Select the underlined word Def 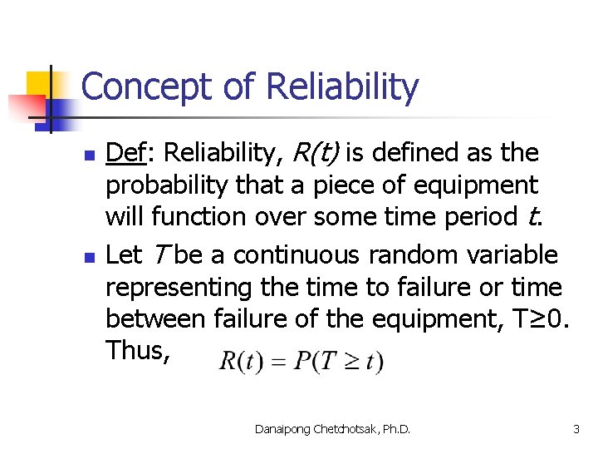pos(125,153)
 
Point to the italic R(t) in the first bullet pos(314,153)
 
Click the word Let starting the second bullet pos(123,254)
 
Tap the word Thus pos(137,351)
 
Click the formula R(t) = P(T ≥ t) pos(301,362)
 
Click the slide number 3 pos(575,428)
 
